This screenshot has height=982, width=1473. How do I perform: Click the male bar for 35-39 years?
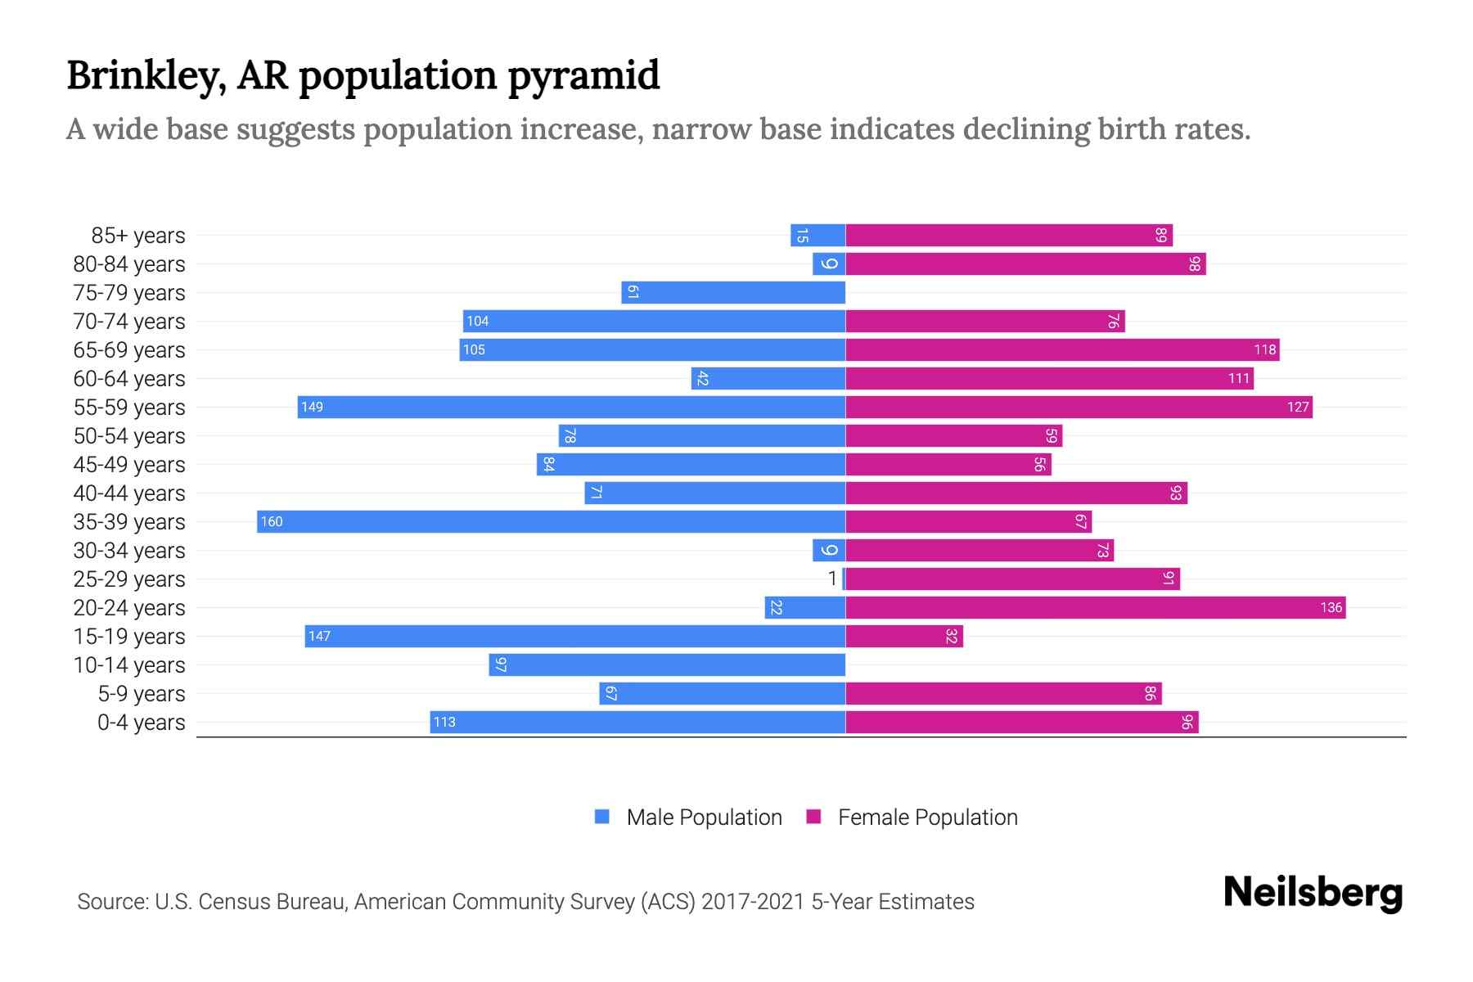coord(551,522)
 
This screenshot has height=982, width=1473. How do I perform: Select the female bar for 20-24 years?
coord(1095,608)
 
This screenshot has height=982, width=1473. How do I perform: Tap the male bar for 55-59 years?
coord(571,408)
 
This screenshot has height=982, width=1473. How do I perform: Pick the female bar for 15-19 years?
coord(903,637)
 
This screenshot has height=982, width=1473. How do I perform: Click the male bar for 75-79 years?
coord(733,293)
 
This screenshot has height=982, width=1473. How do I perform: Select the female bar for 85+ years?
coord(1008,236)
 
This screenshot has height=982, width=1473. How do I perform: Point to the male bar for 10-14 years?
coord(667,665)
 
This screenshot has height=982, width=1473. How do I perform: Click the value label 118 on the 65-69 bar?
coord(1264,350)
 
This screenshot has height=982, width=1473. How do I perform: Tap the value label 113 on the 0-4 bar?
coord(444,723)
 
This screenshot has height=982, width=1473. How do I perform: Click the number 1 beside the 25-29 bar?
coord(832,579)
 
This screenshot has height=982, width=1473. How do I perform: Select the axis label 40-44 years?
coord(129,493)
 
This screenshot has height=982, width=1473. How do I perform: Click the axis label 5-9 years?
coord(142,694)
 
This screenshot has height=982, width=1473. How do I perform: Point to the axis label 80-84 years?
coord(129,264)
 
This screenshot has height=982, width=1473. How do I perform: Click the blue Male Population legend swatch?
coord(602,817)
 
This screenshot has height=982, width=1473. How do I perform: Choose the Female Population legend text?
coord(927,818)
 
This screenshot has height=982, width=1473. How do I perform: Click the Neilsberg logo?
coord(1313,893)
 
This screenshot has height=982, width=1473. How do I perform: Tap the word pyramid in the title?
coord(583,76)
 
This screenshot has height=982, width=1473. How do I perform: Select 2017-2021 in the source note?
coord(752,902)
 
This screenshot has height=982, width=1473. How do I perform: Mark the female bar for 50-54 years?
coord(953,436)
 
